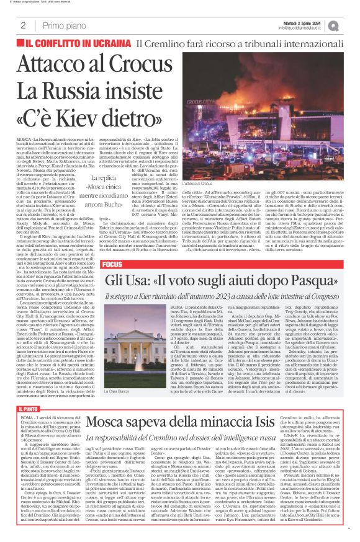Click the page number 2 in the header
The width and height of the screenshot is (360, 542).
pyautogui.click(x=23, y=25)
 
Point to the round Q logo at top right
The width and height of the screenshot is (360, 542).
pyautogui.click(x=351, y=25)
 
